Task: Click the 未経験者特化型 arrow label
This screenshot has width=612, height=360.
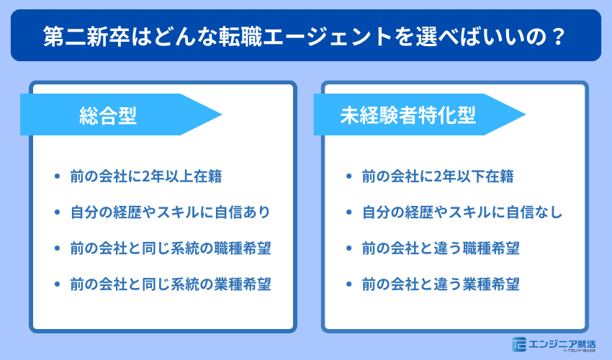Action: [408, 115]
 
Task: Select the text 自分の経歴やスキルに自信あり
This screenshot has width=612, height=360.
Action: [170, 212]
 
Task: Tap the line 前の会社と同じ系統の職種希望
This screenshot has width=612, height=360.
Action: [170, 248]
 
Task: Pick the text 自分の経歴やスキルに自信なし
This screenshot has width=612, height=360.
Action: [462, 212]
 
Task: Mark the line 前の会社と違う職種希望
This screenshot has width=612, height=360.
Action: [441, 248]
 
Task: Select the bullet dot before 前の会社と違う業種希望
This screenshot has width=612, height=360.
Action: [349, 284]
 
